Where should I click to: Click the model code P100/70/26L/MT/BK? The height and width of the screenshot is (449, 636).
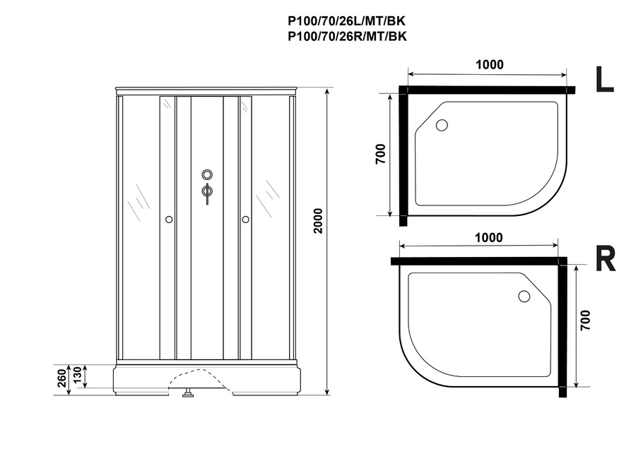click(x=347, y=20)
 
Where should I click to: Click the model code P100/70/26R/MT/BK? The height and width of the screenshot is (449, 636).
click(x=347, y=37)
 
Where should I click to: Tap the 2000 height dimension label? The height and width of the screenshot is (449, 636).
click(x=318, y=221)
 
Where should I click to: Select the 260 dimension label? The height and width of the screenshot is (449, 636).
click(x=61, y=378)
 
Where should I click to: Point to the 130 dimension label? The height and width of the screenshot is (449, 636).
click(x=77, y=377)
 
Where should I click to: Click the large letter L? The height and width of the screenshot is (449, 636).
click(x=604, y=79)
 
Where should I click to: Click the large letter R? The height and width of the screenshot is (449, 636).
click(x=605, y=258)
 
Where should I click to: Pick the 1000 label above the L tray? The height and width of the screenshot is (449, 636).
click(x=490, y=64)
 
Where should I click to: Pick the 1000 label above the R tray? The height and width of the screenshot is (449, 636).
click(x=489, y=237)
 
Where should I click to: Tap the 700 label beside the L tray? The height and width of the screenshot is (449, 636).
click(x=380, y=154)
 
